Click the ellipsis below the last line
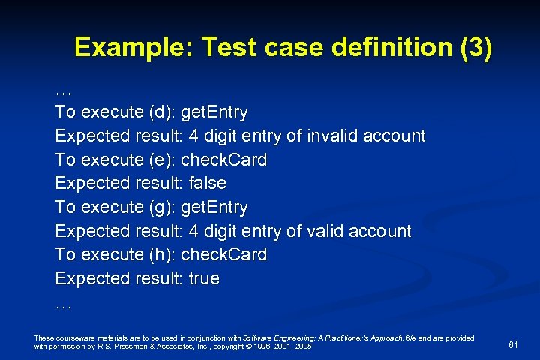[63, 304]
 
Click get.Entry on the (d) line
[214, 112]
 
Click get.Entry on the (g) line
[214, 207]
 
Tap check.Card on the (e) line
[224, 160]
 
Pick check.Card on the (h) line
[224, 254]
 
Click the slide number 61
[514, 345]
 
